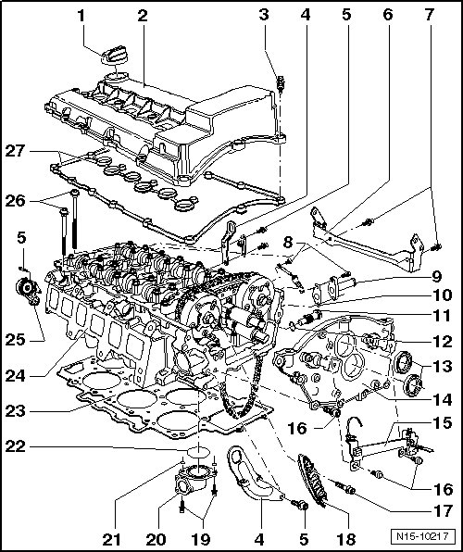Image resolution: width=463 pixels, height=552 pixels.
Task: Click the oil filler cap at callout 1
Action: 115,56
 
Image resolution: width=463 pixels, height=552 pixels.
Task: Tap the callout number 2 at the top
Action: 143,16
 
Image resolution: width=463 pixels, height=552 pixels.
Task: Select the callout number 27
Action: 15,151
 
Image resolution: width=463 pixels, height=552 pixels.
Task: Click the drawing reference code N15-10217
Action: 423,537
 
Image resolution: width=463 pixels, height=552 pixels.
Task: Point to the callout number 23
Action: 15,411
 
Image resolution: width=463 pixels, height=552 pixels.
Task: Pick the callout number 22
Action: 15,446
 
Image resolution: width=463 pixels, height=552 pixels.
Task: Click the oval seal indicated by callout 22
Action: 198,452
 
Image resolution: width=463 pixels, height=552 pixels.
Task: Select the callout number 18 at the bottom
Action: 346,539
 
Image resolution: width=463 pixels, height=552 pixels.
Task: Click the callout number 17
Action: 443,511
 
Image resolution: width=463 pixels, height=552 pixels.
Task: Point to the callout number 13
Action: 443,367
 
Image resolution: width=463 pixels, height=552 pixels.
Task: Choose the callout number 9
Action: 436,277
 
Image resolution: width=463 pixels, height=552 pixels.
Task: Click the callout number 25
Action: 15,340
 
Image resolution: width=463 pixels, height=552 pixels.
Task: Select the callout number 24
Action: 15,376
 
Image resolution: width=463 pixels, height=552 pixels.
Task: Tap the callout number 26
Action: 15,201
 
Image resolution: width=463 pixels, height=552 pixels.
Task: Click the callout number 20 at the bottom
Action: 156,539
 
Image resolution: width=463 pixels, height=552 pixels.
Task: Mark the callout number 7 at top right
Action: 429,16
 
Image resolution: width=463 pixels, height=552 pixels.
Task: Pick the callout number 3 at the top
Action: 264,15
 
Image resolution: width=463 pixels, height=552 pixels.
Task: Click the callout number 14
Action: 443,399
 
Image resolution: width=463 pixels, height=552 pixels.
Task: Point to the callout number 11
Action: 443,316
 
